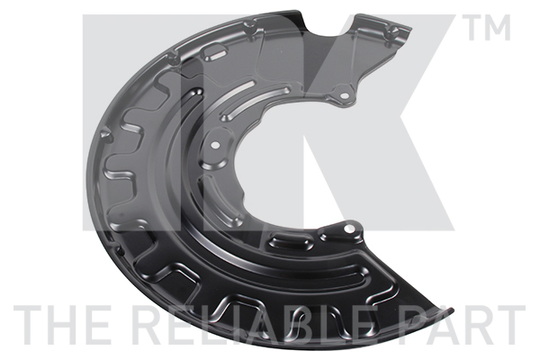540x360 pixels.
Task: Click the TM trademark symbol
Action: [486, 30]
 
